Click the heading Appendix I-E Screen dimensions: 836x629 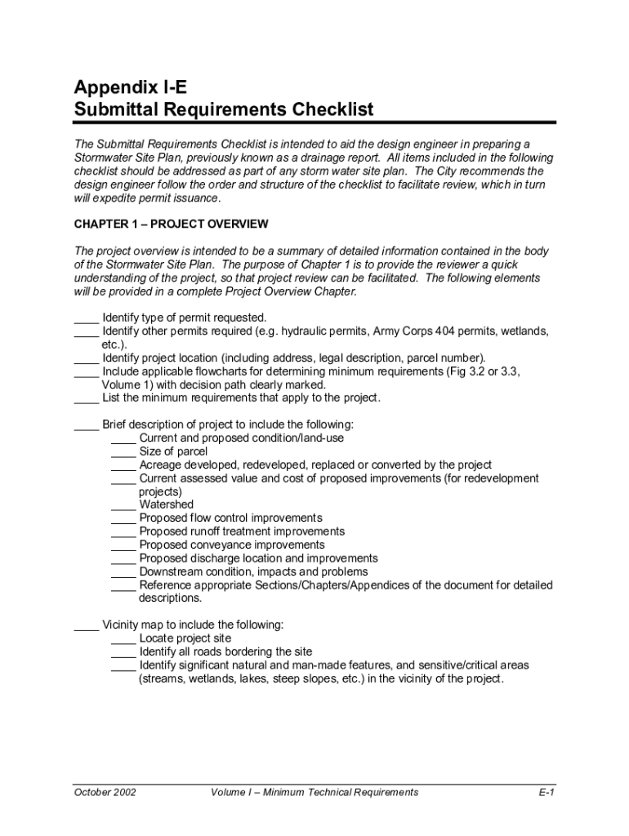135,87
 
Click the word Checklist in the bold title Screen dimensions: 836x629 329,109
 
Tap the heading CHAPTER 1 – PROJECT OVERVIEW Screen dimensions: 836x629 171,224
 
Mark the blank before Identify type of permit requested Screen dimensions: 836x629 86,319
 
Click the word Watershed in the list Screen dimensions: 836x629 167,505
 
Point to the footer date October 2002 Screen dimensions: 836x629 105,792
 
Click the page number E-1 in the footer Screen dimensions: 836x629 546,792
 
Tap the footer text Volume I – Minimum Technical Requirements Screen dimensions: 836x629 314,792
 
